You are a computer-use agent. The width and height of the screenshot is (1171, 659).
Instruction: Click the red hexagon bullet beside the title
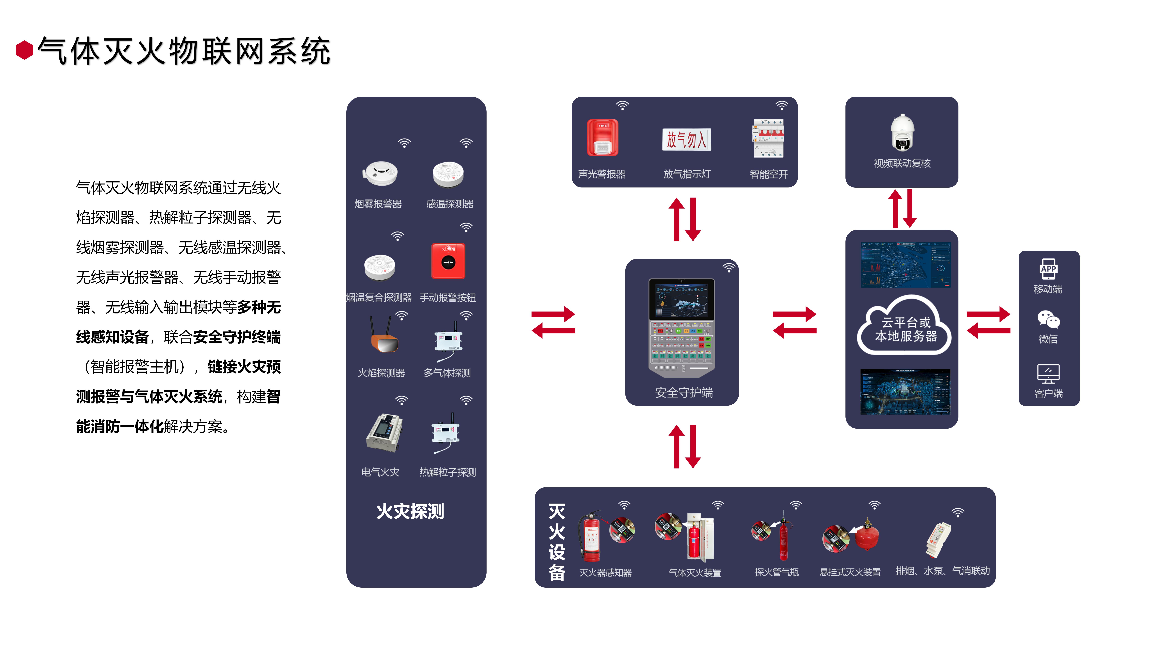click(x=25, y=50)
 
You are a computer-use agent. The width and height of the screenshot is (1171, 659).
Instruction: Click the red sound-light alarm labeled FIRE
click(x=602, y=138)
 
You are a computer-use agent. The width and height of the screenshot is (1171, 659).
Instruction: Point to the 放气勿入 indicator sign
click(x=686, y=140)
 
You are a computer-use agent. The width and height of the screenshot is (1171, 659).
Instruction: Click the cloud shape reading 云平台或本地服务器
click(x=905, y=328)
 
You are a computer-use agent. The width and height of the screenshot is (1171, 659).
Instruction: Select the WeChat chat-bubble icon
click(x=1048, y=320)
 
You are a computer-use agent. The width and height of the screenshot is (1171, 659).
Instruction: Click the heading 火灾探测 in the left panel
click(x=410, y=511)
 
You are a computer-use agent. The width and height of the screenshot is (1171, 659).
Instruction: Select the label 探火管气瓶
click(x=776, y=572)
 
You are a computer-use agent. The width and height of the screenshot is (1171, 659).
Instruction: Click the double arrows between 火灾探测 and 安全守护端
click(x=553, y=322)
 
